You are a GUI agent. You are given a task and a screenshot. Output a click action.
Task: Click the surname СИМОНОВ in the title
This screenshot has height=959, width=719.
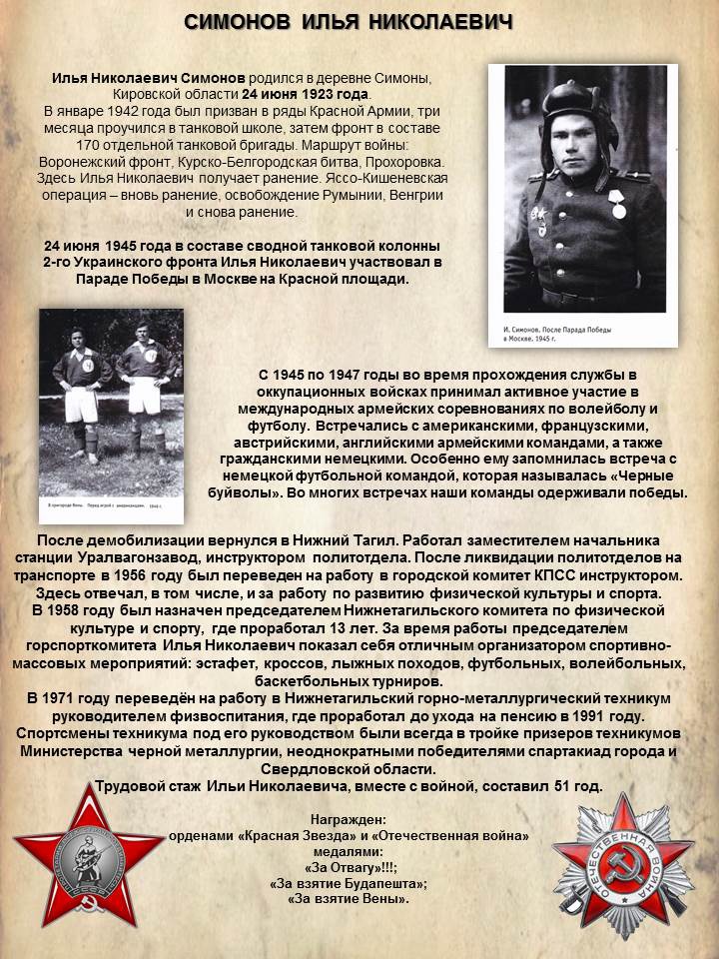(240, 21)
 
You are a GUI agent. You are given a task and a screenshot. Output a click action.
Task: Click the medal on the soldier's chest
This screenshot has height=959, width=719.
(618, 204)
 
